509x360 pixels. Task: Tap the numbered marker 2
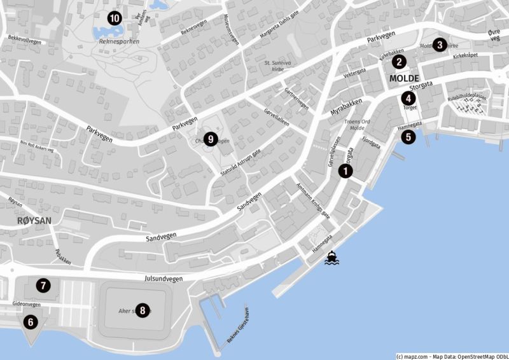click(x=399, y=62)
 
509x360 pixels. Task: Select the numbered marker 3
click(x=438, y=45)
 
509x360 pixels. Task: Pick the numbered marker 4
click(x=407, y=98)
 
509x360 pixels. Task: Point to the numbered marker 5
click(x=408, y=135)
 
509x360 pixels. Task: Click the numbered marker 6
click(x=30, y=322)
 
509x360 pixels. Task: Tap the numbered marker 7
click(x=43, y=286)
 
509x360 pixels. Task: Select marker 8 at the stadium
click(x=143, y=310)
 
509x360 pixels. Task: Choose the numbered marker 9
click(x=211, y=139)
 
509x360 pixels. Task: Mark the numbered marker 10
click(x=115, y=18)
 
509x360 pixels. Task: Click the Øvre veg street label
click(x=494, y=35)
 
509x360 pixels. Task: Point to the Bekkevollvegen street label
click(x=25, y=39)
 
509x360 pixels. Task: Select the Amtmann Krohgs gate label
click(x=313, y=202)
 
